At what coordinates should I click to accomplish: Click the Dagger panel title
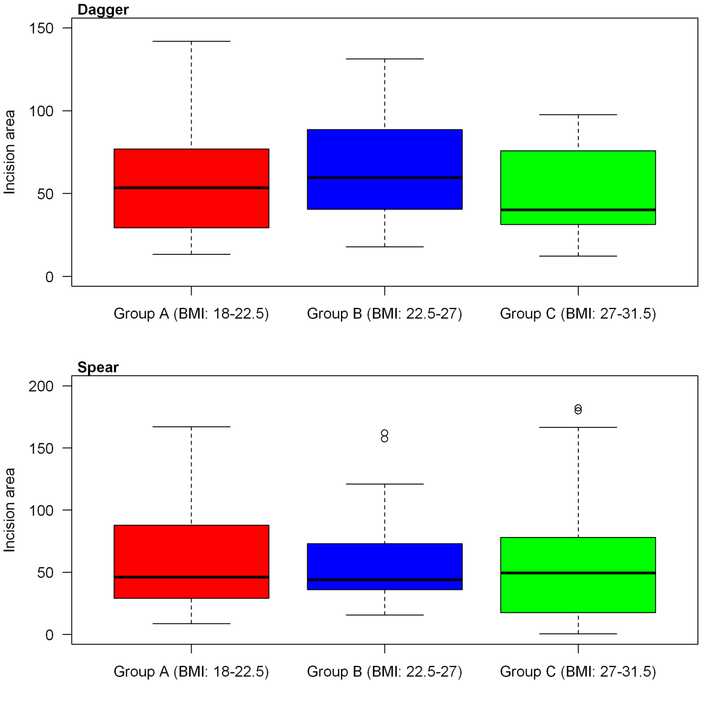[103, 10]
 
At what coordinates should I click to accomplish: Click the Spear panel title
[98, 367]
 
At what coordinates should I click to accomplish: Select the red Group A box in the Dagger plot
[191, 165]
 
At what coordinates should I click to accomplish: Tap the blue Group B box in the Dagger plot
[384, 154]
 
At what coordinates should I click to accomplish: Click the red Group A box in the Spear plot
[191, 551]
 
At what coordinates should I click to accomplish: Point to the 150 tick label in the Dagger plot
[41, 28]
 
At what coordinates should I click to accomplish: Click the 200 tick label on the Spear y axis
[41, 386]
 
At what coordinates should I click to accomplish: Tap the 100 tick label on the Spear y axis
[41, 511]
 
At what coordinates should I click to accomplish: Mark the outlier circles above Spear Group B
[384, 436]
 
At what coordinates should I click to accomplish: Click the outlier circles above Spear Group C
[578, 409]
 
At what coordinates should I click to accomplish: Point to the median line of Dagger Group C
[578, 210]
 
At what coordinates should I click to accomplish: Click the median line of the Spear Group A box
[191, 577]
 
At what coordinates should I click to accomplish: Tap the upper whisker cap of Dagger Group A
[191, 41]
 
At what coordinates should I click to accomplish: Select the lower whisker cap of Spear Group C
[578, 634]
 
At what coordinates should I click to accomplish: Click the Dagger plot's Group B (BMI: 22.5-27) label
[384, 314]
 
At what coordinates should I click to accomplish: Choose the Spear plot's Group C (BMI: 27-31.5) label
[578, 672]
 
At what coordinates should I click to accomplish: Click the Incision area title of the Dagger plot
[9, 152]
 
